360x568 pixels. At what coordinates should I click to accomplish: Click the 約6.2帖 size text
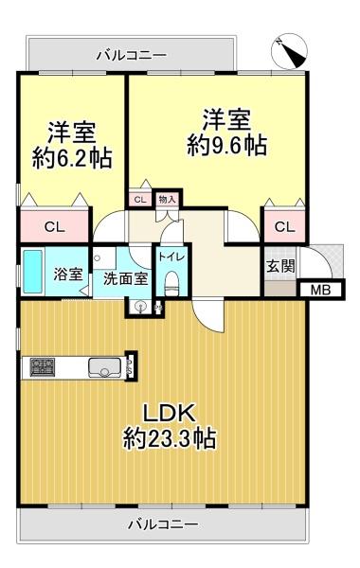pos(72,157)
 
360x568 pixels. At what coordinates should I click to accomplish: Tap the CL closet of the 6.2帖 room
pos(54,226)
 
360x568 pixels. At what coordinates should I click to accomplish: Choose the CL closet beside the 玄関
pos(284,226)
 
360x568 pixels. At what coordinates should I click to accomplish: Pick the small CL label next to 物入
pos(139,200)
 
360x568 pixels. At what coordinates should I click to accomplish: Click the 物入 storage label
pos(167,200)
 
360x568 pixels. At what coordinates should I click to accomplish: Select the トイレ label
pos(171,257)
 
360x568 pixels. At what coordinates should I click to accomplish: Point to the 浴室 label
pos(67,275)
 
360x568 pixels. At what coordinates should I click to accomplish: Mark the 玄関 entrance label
pos(279,266)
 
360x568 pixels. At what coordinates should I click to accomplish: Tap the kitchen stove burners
pos(44,365)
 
